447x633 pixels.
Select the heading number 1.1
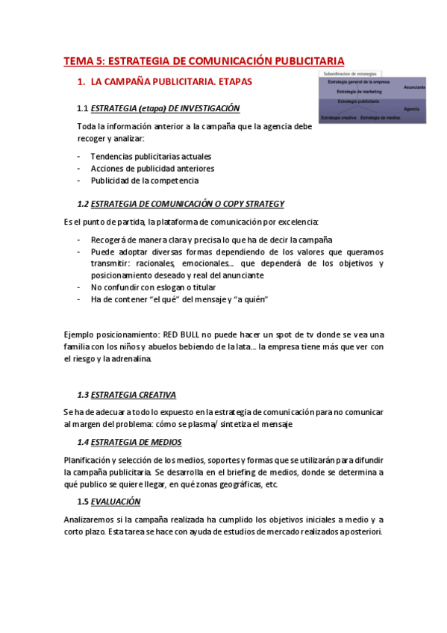pyautogui.click(x=83, y=107)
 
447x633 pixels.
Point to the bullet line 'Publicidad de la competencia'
pyautogui.click(x=145, y=181)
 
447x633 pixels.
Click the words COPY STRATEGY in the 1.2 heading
pyautogui.click(x=250, y=204)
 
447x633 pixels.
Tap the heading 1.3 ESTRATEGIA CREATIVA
pyautogui.click(x=128, y=395)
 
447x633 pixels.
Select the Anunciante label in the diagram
pyautogui.click(x=414, y=87)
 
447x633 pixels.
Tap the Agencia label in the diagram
pyautogui.click(x=411, y=109)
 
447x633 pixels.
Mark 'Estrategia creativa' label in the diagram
pyautogui.click(x=338, y=118)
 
